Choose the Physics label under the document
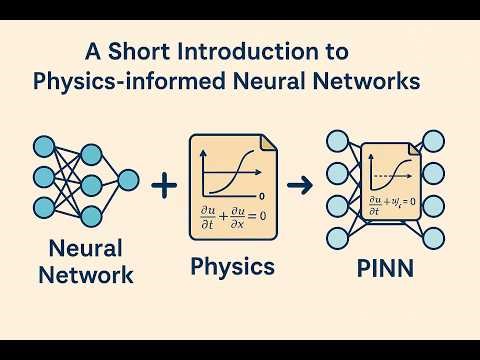tap(233, 267)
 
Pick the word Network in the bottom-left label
tap(87, 273)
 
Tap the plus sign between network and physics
tap(160, 184)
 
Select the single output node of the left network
tap(129, 180)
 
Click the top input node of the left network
tap(45, 147)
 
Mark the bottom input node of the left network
tap(45, 208)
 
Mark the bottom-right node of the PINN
tap(432, 238)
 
